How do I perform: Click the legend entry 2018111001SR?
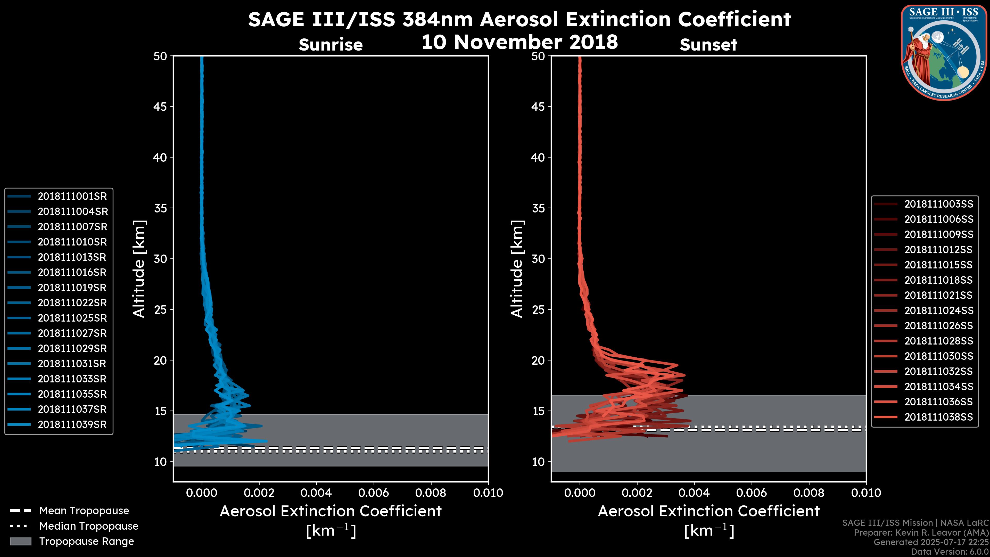72,196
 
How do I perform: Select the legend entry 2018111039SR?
72,425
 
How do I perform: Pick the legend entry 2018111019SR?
72,288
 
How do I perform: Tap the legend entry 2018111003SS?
938,204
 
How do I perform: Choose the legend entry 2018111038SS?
938,417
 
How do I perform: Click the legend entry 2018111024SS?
938,310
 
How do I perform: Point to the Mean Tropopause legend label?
84,511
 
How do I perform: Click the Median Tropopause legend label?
89,526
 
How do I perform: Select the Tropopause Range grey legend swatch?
20,541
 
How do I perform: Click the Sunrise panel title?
331,45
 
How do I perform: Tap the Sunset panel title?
708,45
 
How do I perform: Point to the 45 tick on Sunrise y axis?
160,107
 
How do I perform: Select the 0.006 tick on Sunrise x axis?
374,493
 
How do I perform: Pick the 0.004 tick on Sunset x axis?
695,493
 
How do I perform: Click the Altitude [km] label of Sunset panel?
517,269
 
